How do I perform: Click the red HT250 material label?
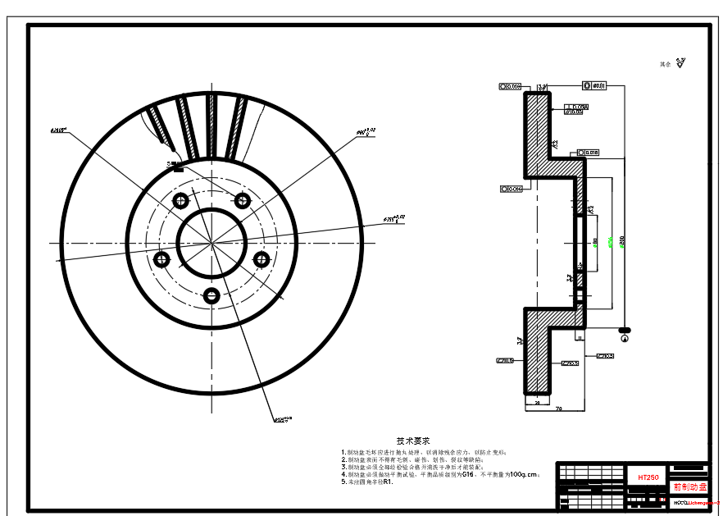click(648, 477)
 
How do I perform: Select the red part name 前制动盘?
click(689, 486)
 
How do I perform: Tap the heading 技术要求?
click(413, 441)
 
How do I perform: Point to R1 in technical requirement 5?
click(388, 482)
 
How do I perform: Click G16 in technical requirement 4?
click(468, 474)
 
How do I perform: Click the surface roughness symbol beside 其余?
click(681, 62)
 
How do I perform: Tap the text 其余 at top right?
click(665, 63)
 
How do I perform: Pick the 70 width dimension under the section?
click(558, 408)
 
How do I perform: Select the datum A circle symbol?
click(625, 337)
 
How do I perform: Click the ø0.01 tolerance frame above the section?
click(594, 85)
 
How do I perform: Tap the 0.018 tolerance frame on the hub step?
click(589, 152)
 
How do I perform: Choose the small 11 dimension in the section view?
click(578, 336)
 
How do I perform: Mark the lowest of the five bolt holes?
click(211, 296)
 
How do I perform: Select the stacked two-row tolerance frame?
click(577, 108)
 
